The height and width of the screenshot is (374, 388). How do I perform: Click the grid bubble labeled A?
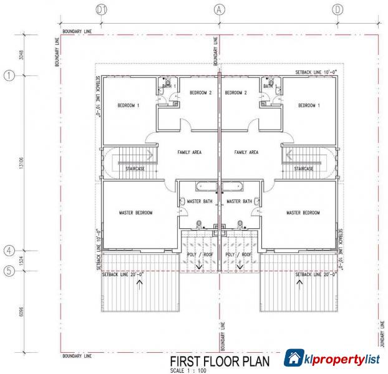219,9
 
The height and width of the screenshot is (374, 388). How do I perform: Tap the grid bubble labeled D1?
102,9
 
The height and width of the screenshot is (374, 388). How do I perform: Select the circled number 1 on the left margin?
9,75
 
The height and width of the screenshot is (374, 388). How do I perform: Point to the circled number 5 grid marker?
9,271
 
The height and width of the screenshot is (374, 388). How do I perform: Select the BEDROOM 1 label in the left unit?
128,105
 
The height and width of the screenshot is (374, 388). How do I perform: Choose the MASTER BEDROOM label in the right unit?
303,213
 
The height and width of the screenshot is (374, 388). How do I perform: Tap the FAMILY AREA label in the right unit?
246,152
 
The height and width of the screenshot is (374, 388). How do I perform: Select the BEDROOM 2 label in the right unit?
236,93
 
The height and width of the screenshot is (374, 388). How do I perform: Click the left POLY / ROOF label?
200,254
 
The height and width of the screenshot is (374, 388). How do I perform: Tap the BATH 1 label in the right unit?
269,86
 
